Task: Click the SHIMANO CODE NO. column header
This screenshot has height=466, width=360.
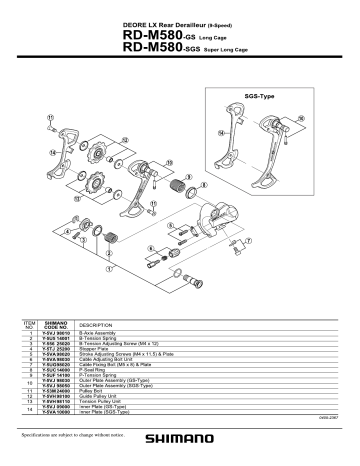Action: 56,326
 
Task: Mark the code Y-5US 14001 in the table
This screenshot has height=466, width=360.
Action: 56,342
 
